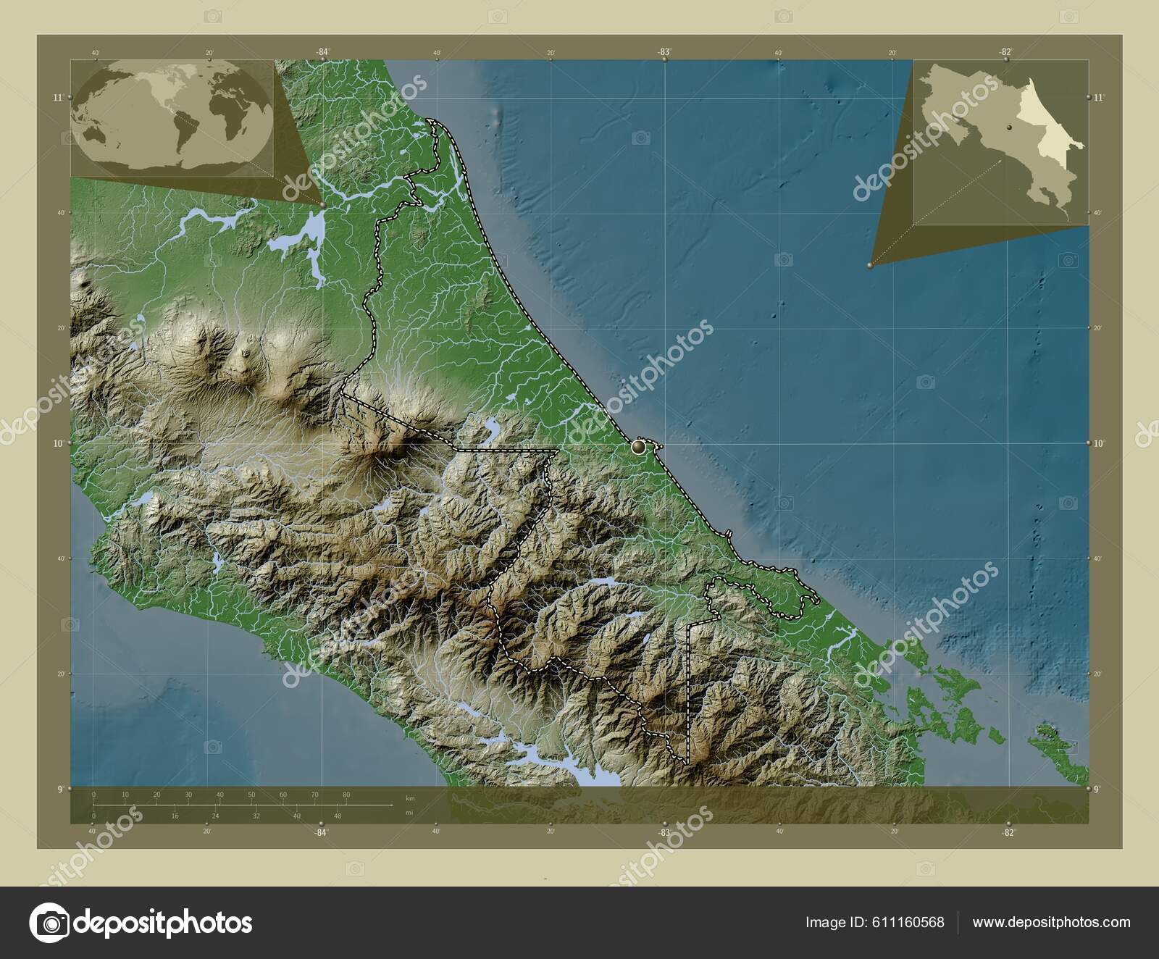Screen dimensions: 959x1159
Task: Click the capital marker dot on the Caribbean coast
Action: click(638, 447)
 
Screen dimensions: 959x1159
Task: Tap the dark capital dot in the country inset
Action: click(1008, 128)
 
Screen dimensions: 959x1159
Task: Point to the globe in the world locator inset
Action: click(175, 116)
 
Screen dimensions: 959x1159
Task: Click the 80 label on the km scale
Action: click(346, 795)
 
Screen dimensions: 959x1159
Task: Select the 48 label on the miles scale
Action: click(337, 816)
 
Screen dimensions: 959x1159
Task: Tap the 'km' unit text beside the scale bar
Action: click(411, 797)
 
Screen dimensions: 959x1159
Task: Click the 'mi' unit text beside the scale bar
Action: click(409, 813)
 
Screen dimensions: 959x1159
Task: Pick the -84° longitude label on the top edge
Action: click(322, 52)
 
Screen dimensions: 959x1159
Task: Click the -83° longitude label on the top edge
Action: click(664, 52)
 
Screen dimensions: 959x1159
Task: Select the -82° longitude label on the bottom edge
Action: click(1007, 832)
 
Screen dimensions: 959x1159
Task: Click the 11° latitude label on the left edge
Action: click(59, 96)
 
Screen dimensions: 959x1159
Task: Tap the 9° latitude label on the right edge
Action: click(1099, 789)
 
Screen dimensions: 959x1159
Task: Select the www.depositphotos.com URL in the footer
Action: click(1051, 922)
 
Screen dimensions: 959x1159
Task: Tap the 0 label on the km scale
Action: click(94, 795)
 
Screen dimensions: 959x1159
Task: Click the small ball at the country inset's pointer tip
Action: click(870, 266)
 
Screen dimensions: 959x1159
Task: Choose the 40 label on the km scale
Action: click(219, 795)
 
